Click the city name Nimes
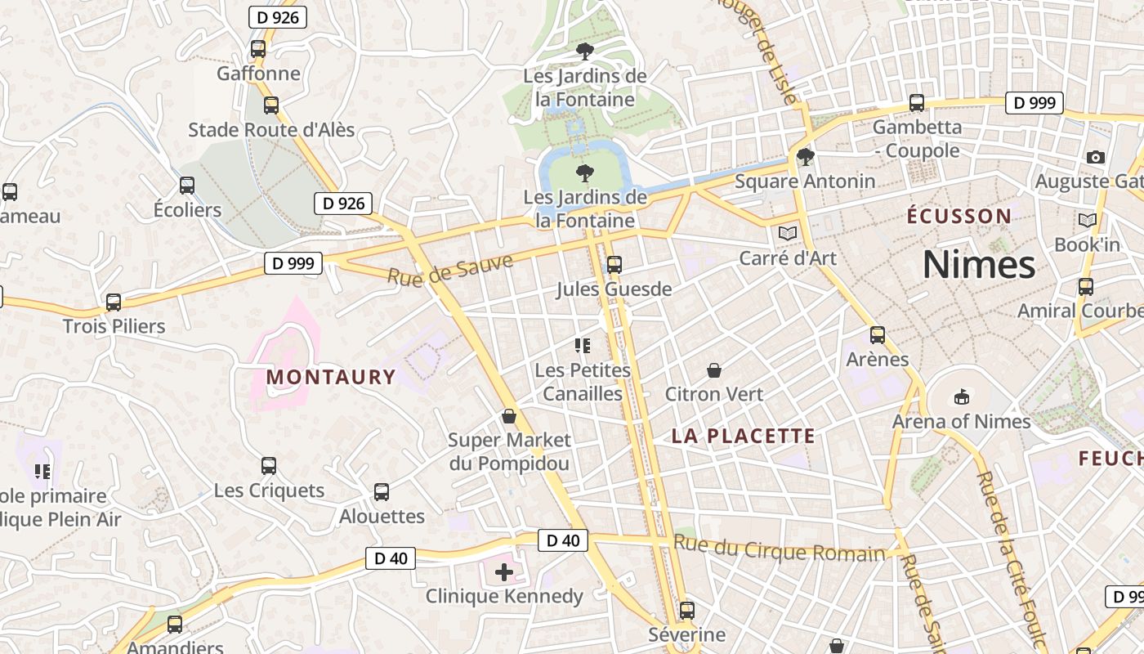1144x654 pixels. [979, 265]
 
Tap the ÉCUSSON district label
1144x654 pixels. [959, 217]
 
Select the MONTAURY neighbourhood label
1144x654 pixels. [331, 377]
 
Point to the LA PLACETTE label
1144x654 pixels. [744, 436]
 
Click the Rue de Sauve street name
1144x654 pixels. [450, 269]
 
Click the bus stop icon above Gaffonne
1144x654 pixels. [258, 48]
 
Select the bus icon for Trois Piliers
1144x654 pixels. [114, 302]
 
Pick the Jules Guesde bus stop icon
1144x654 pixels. [614, 265]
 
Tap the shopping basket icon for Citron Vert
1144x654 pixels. [714, 370]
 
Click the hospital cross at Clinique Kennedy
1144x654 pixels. [504, 572]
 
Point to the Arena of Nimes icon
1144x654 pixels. [961, 397]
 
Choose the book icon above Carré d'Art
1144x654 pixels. [788, 234]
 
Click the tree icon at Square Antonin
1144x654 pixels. [806, 156]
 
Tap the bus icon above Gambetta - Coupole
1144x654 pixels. [917, 103]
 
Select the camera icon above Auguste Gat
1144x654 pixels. [1096, 157]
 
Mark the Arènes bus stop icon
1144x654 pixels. [878, 335]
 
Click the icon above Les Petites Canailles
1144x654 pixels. [583, 346]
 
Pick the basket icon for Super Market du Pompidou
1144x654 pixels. [509, 416]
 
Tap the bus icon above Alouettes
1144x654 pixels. [382, 492]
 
